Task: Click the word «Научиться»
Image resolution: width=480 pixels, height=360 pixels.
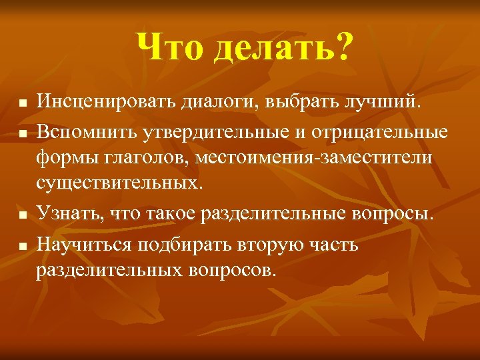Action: click(x=85, y=244)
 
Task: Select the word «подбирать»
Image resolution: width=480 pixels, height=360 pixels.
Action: click(x=181, y=244)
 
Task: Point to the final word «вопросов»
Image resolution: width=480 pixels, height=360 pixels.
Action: click(x=230, y=270)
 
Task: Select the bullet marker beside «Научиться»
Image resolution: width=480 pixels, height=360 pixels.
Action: click(x=22, y=246)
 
